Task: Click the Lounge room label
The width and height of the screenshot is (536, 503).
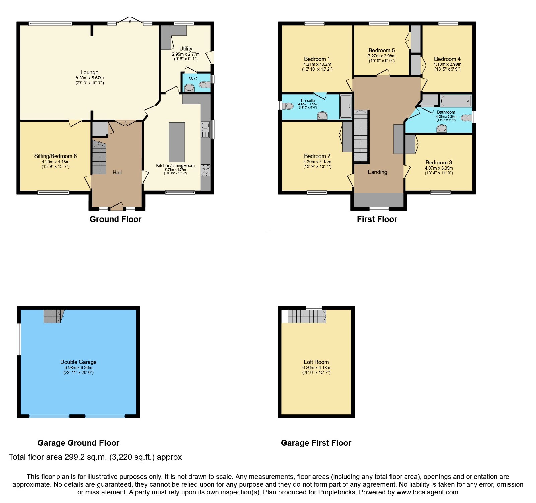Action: point(89,72)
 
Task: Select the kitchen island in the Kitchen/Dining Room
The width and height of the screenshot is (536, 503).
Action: point(177,142)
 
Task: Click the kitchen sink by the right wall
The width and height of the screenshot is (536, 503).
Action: point(205,130)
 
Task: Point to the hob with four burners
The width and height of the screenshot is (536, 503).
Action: point(205,171)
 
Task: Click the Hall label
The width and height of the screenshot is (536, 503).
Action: point(117,172)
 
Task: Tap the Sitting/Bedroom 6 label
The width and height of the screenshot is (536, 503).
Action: point(55,156)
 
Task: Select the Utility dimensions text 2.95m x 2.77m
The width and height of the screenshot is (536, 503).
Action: point(186,54)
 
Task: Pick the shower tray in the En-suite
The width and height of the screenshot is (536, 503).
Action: point(346,107)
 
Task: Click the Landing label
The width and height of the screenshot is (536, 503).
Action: point(378,172)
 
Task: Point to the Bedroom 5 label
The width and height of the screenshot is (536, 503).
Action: point(382,50)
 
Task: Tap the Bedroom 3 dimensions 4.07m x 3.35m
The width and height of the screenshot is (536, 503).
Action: point(439,168)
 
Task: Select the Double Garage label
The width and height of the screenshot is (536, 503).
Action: point(78,362)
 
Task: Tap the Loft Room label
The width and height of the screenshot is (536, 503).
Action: point(316,362)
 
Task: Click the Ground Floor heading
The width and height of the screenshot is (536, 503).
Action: point(116,219)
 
